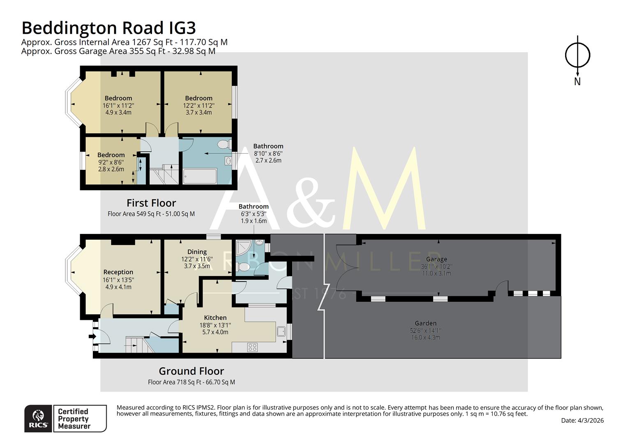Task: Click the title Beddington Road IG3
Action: (109, 28)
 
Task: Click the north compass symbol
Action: (577, 55)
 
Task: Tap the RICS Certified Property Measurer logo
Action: (65, 419)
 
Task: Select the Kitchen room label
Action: (215, 318)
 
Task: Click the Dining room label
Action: (197, 252)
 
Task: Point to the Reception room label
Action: (118, 272)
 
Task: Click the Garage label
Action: (436, 259)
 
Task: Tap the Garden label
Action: (425, 324)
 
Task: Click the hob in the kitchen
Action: (252, 347)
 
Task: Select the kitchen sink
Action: (282, 331)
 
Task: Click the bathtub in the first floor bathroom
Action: (199, 176)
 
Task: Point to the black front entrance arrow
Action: (92, 337)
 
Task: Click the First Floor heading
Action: (151, 203)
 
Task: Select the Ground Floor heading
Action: (191, 371)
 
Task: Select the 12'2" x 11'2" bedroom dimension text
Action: (199, 105)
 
